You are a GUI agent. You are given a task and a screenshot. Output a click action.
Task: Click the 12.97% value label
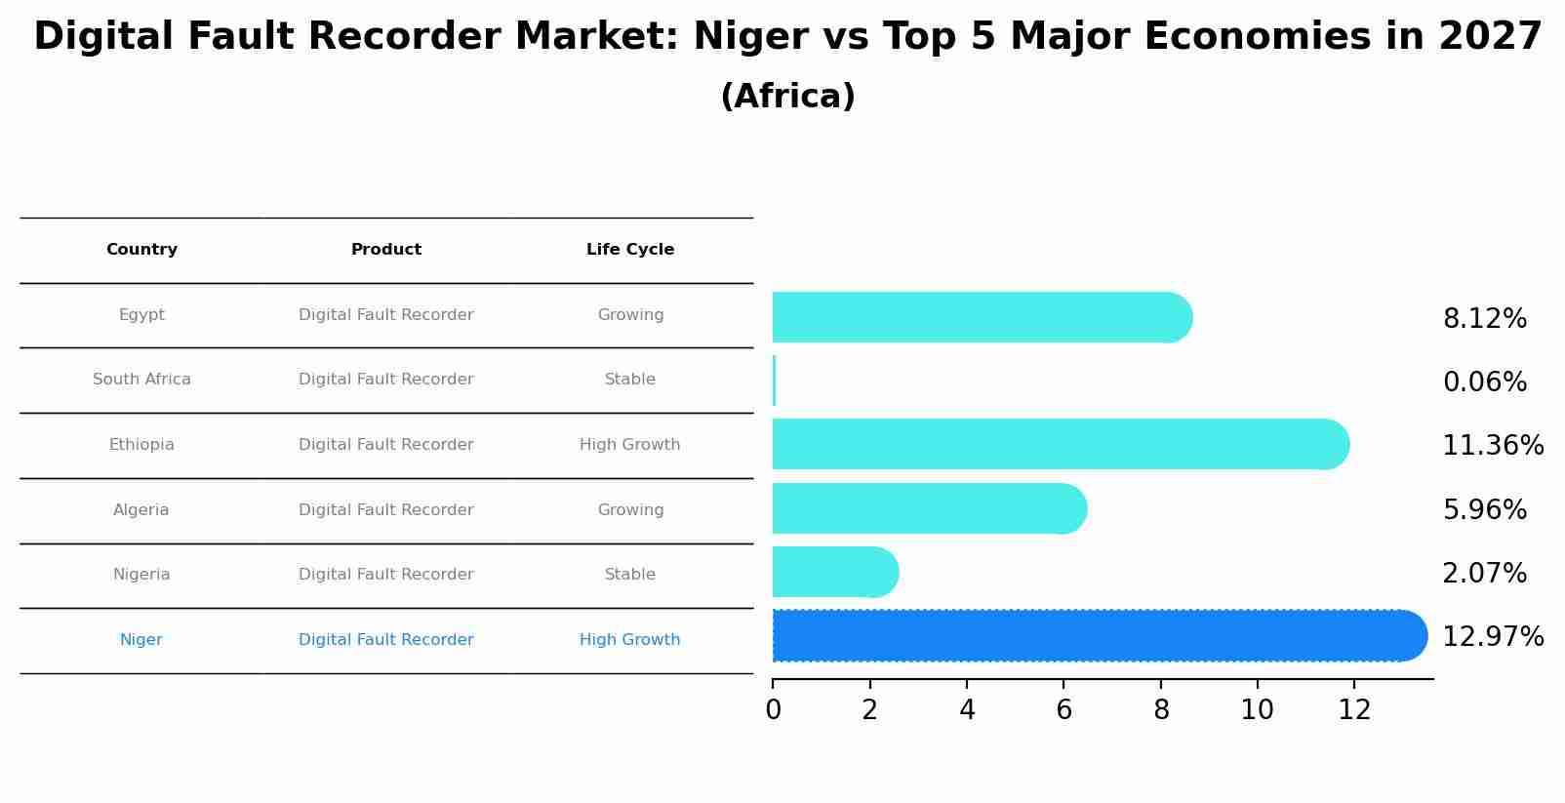[x=1493, y=637]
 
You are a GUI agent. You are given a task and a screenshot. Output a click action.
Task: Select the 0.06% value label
[x=1485, y=382]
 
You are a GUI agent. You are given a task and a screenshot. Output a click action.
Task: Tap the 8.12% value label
[x=1485, y=319]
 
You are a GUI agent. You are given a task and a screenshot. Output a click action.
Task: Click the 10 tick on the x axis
[x=1257, y=710]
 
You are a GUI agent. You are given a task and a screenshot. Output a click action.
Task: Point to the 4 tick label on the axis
[x=967, y=710]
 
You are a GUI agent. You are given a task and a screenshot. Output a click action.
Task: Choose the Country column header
[x=141, y=250]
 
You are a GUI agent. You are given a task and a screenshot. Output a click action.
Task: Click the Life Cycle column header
[x=630, y=250]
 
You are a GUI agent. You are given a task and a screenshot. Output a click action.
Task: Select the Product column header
[x=386, y=250]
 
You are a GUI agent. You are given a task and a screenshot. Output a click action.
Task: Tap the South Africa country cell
[x=141, y=380]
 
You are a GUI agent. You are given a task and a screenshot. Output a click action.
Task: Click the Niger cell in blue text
[x=141, y=640]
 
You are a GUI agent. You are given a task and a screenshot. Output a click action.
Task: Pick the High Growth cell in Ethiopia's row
[x=630, y=445]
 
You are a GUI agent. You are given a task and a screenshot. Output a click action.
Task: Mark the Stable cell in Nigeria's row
[x=630, y=575]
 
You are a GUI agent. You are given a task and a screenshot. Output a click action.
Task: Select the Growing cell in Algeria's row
[x=630, y=510]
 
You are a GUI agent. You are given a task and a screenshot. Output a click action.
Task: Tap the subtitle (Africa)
[x=787, y=97]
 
